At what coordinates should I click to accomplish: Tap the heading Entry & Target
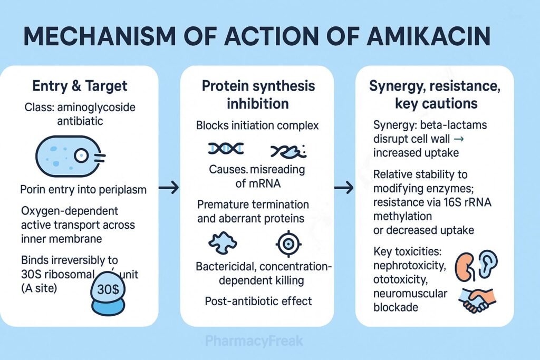click(x=80, y=85)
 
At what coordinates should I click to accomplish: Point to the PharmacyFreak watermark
click(x=256, y=340)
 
